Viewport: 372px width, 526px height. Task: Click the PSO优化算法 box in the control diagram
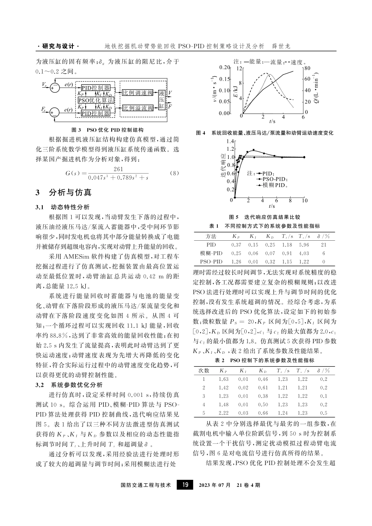tap(96, 100)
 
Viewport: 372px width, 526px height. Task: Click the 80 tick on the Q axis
tap(307, 68)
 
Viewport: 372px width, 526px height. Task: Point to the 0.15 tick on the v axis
tap(224, 79)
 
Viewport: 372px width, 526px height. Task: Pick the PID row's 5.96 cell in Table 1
tap(304, 245)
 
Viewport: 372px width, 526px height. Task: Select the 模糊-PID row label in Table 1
tap(211, 253)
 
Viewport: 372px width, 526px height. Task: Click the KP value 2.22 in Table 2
tap(224, 413)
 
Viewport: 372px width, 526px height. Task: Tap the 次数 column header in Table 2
tap(204, 370)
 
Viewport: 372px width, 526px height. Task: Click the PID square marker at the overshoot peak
tap(253, 150)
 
